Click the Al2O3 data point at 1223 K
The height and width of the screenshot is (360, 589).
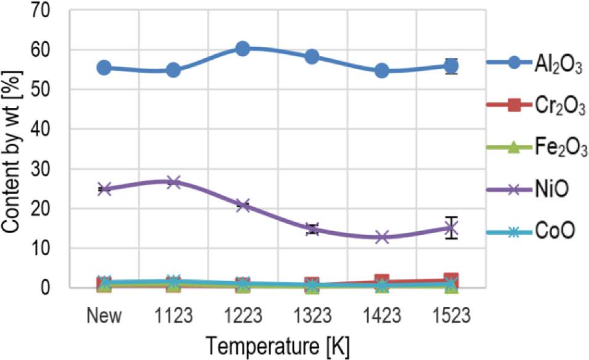pos(243,49)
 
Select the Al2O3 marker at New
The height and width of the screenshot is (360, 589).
pos(104,68)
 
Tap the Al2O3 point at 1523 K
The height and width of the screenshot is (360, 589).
pos(452,66)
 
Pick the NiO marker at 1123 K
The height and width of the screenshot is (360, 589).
pos(173,182)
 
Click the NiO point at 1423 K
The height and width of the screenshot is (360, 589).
pos(382,237)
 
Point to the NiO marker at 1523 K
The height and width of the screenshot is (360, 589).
pos(452,228)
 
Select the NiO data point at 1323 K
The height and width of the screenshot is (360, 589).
pos(312,229)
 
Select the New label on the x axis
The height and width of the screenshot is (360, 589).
pos(104,316)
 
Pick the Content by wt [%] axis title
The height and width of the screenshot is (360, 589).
pos(12,148)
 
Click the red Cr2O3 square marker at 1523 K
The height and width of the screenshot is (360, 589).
pos(452,279)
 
